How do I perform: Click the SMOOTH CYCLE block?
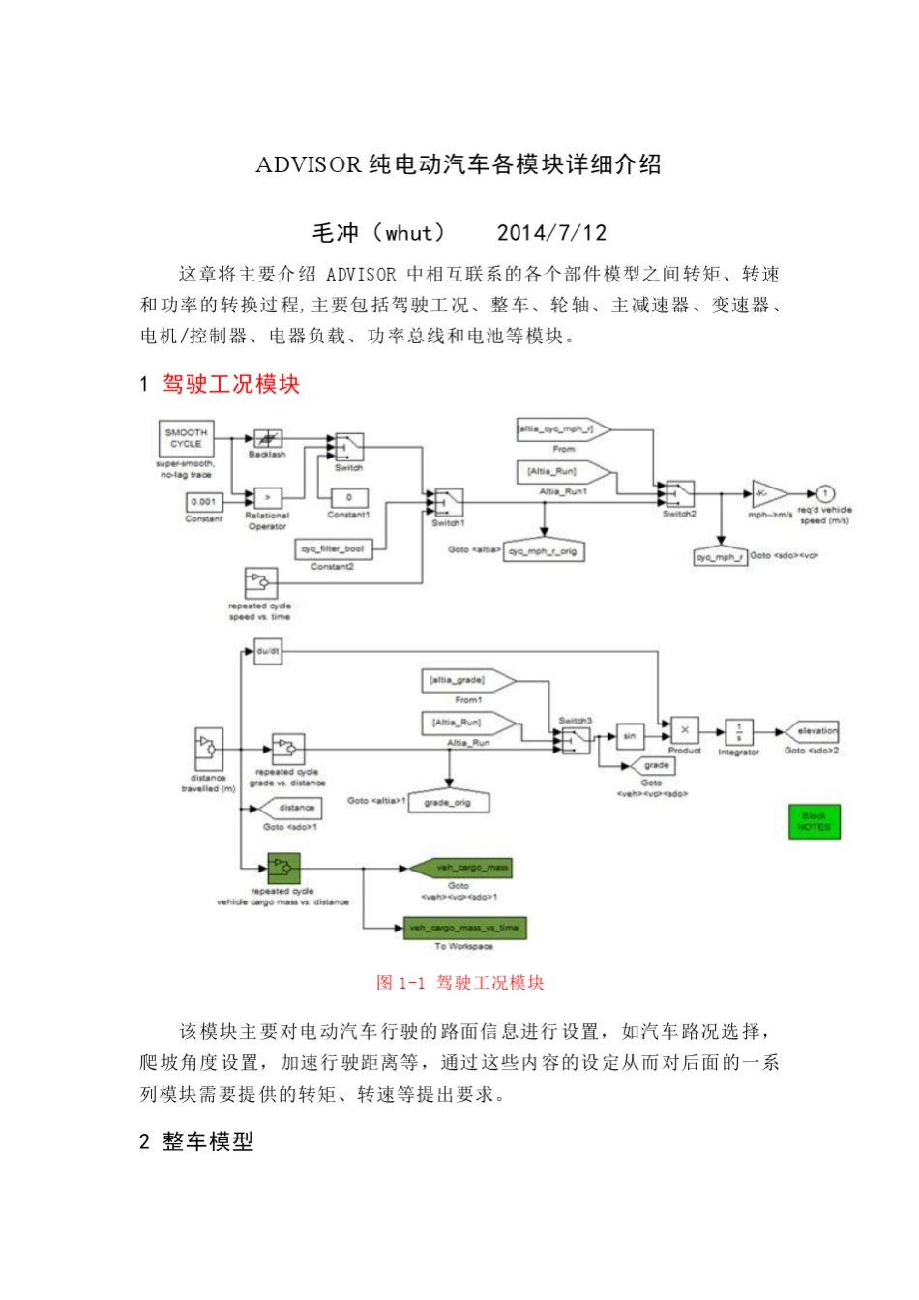[x=186, y=438]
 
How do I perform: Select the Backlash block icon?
[x=267, y=438]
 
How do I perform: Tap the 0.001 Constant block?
[x=203, y=502]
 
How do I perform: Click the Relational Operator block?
[x=267, y=497]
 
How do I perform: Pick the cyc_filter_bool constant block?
[x=333, y=548]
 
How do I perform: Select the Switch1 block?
[x=448, y=502]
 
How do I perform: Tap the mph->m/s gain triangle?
[x=768, y=494]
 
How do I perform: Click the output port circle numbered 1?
[x=825, y=493]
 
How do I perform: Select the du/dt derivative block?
[x=268, y=652]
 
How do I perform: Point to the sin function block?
[x=630, y=736]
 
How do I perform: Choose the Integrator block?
[x=739, y=731]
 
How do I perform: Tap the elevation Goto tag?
[x=812, y=731]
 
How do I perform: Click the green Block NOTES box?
[x=814, y=821]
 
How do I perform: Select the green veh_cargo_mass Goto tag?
[x=460, y=868]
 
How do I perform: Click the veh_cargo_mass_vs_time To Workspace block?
[x=464, y=928]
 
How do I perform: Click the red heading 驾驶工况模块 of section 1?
[x=230, y=384]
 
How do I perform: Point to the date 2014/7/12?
[x=551, y=233]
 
